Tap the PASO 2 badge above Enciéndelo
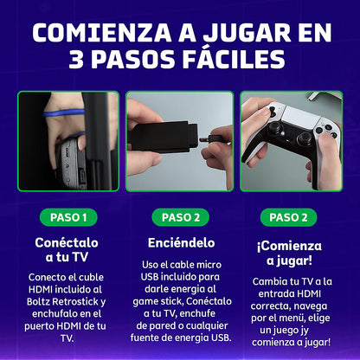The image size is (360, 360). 180,216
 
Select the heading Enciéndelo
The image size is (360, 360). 180,243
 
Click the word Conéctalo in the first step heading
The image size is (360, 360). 66,243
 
